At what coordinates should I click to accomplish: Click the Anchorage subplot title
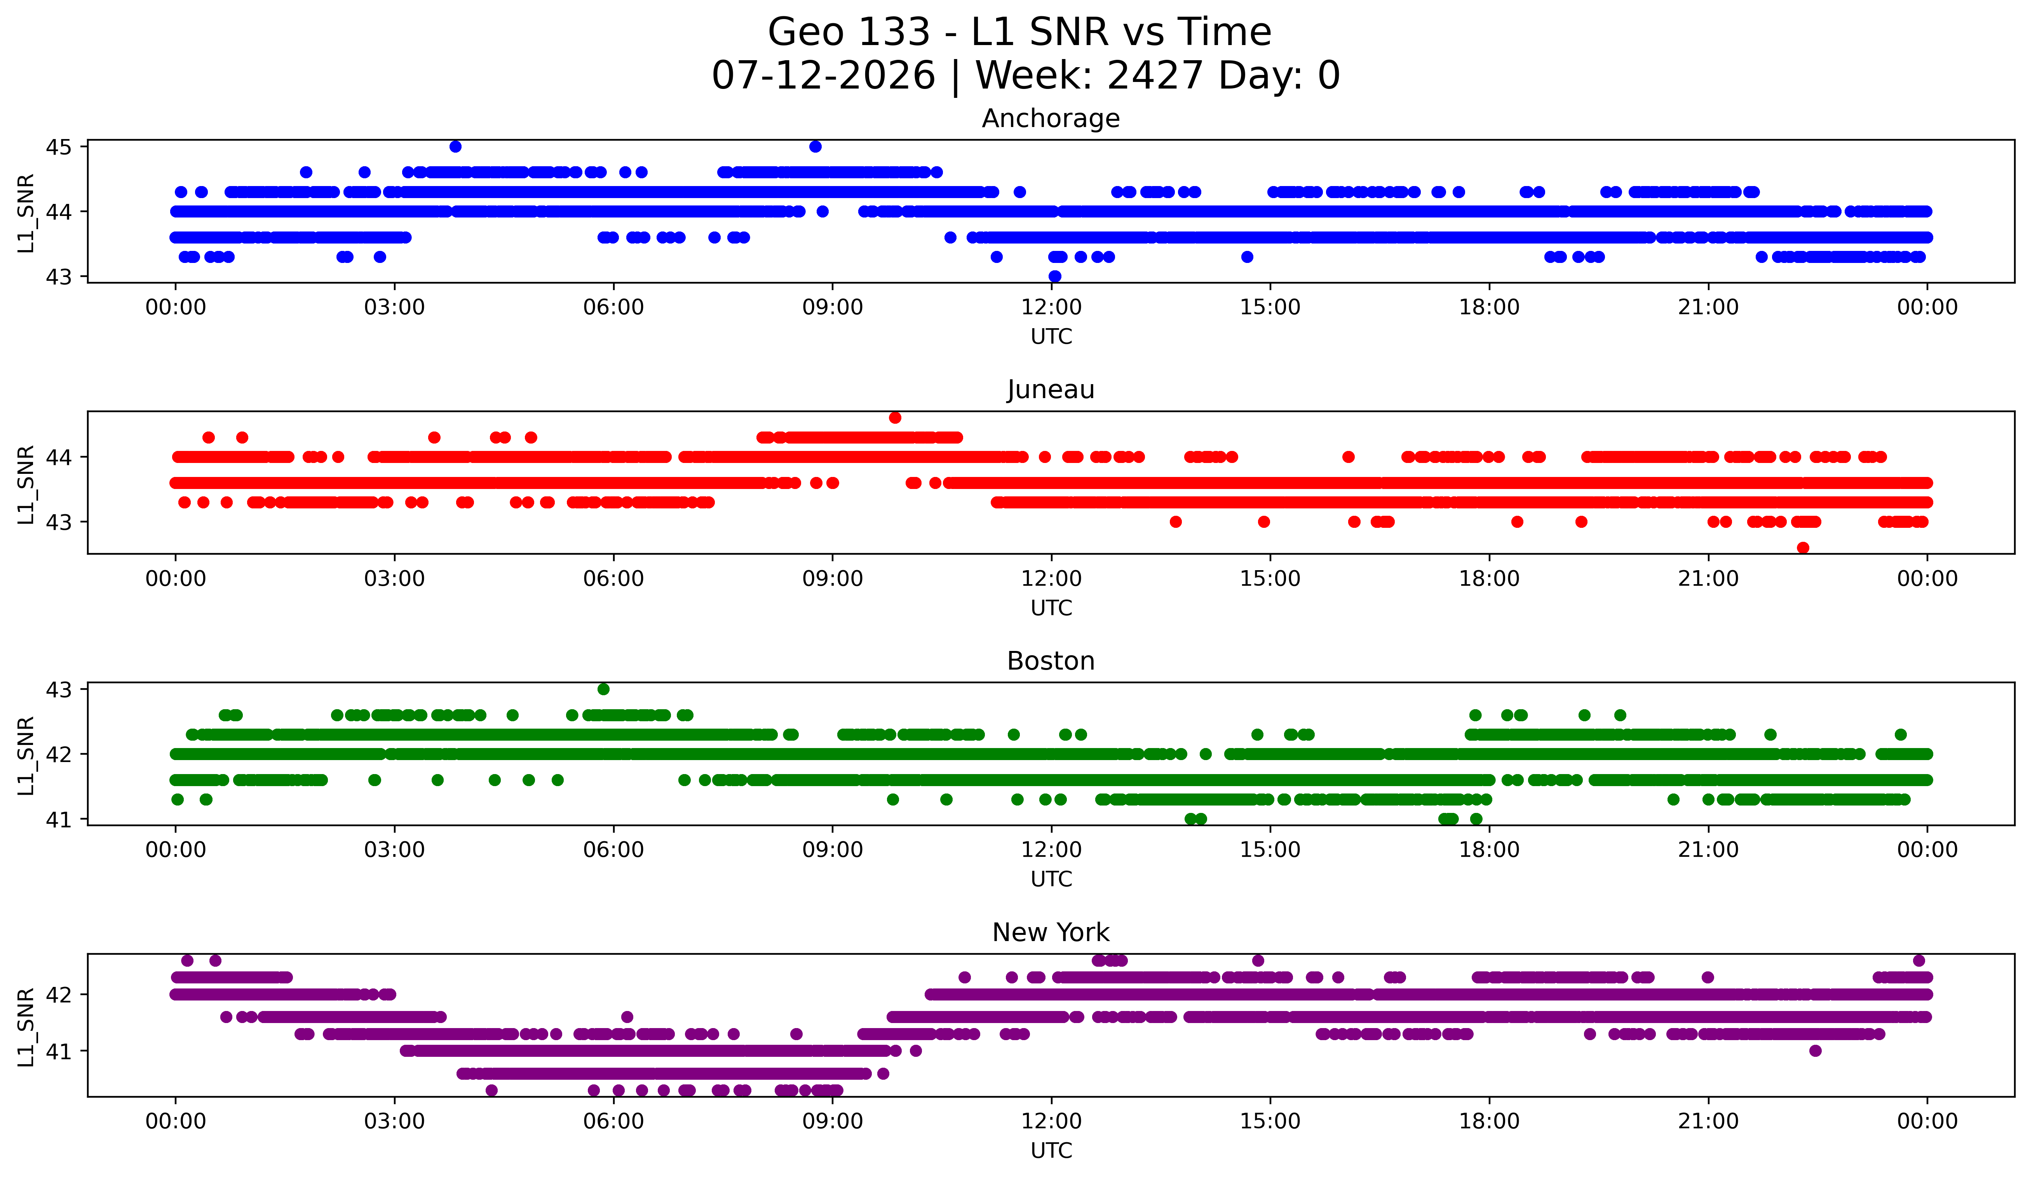point(1051,118)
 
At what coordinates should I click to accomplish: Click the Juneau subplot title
point(1051,390)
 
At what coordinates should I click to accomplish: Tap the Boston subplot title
point(1051,661)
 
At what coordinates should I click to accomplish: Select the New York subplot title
point(1051,933)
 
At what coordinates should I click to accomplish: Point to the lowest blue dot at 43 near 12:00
point(1054,276)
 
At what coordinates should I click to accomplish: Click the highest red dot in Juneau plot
point(895,418)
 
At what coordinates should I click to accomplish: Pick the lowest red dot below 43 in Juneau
point(1803,548)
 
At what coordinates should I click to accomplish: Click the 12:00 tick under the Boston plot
point(1051,849)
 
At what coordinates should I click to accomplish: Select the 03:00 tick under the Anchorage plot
point(395,307)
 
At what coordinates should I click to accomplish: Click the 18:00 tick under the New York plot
point(1489,1121)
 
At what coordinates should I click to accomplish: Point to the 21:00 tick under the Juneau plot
point(1708,578)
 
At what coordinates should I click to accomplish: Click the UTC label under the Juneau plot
point(1051,608)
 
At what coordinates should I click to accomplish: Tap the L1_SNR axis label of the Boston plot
point(26,755)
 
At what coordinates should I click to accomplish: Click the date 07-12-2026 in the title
point(823,76)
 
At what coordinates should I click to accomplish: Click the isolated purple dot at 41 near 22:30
point(1815,1051)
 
